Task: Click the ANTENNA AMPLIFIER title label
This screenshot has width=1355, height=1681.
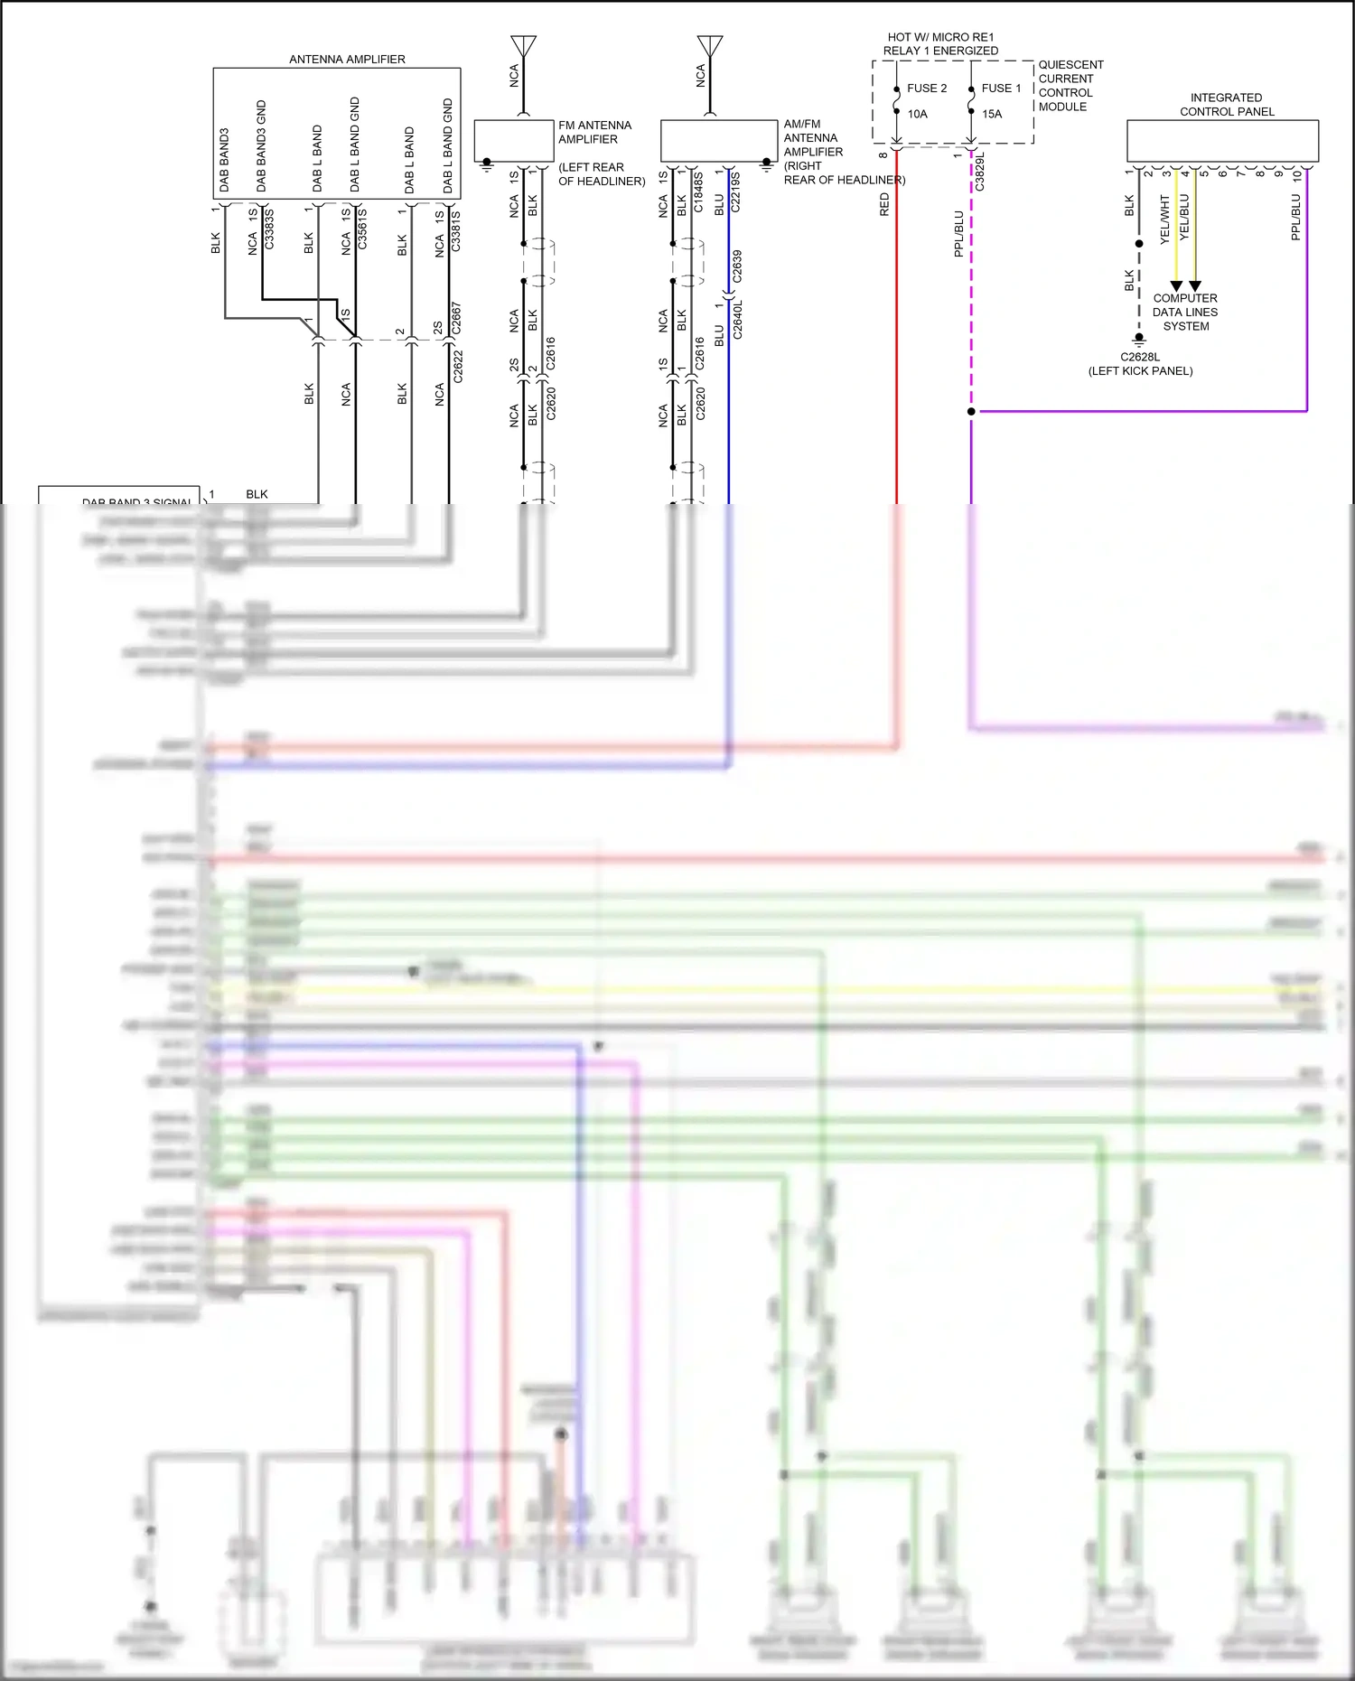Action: click(347, 60)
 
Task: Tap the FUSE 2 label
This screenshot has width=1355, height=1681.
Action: click(927, 89)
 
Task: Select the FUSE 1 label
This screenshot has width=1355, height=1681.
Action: click(1001, 89)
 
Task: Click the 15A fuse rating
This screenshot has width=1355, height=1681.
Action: click(992, 114)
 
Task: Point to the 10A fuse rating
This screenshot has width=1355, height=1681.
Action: click(917, 114)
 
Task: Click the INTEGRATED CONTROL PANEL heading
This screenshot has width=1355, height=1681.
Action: click(1226, 105)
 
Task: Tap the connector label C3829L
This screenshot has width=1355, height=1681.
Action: click(980, 172)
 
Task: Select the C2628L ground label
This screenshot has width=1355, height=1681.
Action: click(1140, 357)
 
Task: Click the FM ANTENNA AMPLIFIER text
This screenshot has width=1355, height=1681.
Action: click(594, 132)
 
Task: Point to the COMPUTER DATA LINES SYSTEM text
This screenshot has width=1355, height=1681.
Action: click(1185, 312)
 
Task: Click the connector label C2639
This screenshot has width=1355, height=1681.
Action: click(737, 266)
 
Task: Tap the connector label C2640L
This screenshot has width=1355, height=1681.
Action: click(737, 322)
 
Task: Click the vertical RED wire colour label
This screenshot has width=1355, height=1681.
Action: click(884, 204)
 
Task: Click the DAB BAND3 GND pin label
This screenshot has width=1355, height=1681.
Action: click(261, 145)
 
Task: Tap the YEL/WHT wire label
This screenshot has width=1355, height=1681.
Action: click(1164, 219)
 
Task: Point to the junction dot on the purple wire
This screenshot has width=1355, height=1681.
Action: click(971, 412)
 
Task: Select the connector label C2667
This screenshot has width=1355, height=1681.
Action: click(456, 318)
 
